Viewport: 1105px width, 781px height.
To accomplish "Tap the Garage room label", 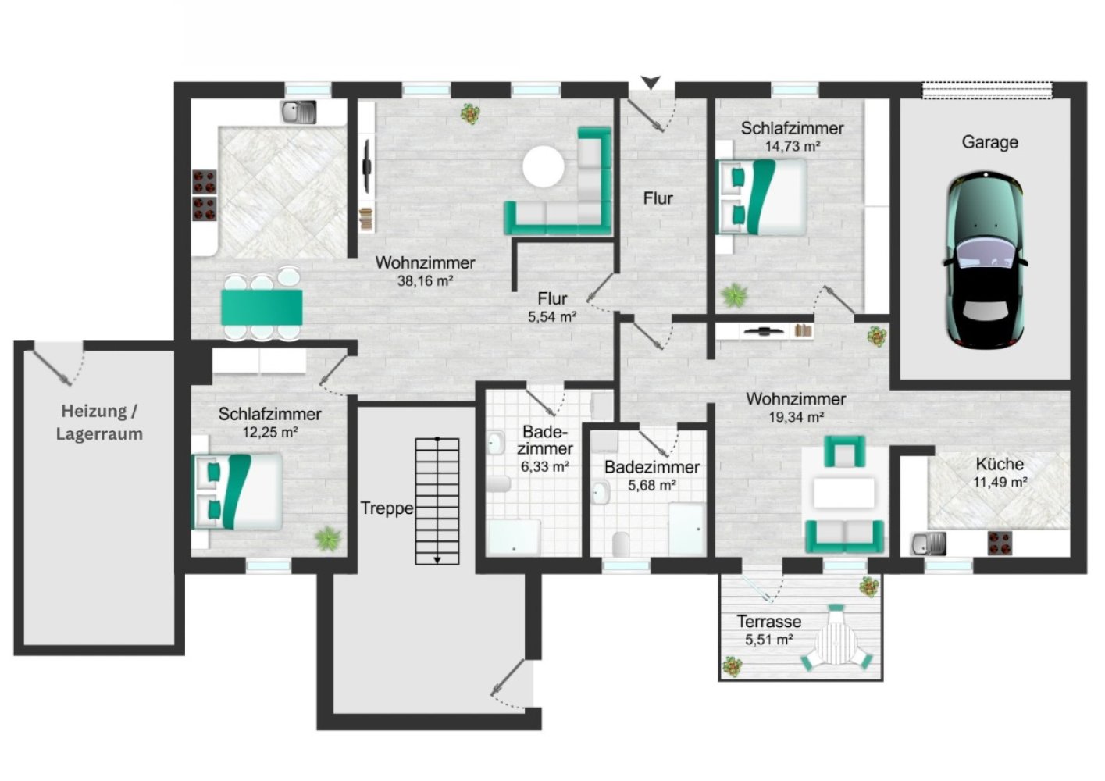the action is [989, 142].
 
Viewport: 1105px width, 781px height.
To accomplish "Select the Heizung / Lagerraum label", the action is [99, 423].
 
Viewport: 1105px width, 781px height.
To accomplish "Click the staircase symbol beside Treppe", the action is [437, 501].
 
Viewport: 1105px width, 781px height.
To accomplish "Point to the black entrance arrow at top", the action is [651, 82].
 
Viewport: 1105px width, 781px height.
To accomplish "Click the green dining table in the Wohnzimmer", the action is [262, 308].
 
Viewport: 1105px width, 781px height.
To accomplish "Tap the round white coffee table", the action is [543, 167].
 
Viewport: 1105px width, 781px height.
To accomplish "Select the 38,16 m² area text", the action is [426, 281].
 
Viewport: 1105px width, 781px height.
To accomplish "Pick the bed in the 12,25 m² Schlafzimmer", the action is [237, 491].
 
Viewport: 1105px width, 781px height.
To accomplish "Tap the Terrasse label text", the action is [769, 621].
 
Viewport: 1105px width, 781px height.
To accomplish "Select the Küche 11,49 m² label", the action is [1000, 473].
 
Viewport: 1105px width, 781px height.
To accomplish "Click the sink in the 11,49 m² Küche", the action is [928, 544].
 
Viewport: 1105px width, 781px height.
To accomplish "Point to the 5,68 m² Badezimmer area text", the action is [651, 486].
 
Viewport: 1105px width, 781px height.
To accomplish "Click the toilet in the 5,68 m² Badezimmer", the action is [621, 544].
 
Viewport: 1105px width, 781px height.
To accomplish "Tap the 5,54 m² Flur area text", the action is [552, 317].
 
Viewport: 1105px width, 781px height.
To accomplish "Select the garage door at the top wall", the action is [987, 90].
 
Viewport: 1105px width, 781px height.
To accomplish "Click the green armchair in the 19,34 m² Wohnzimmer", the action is [844, 451].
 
